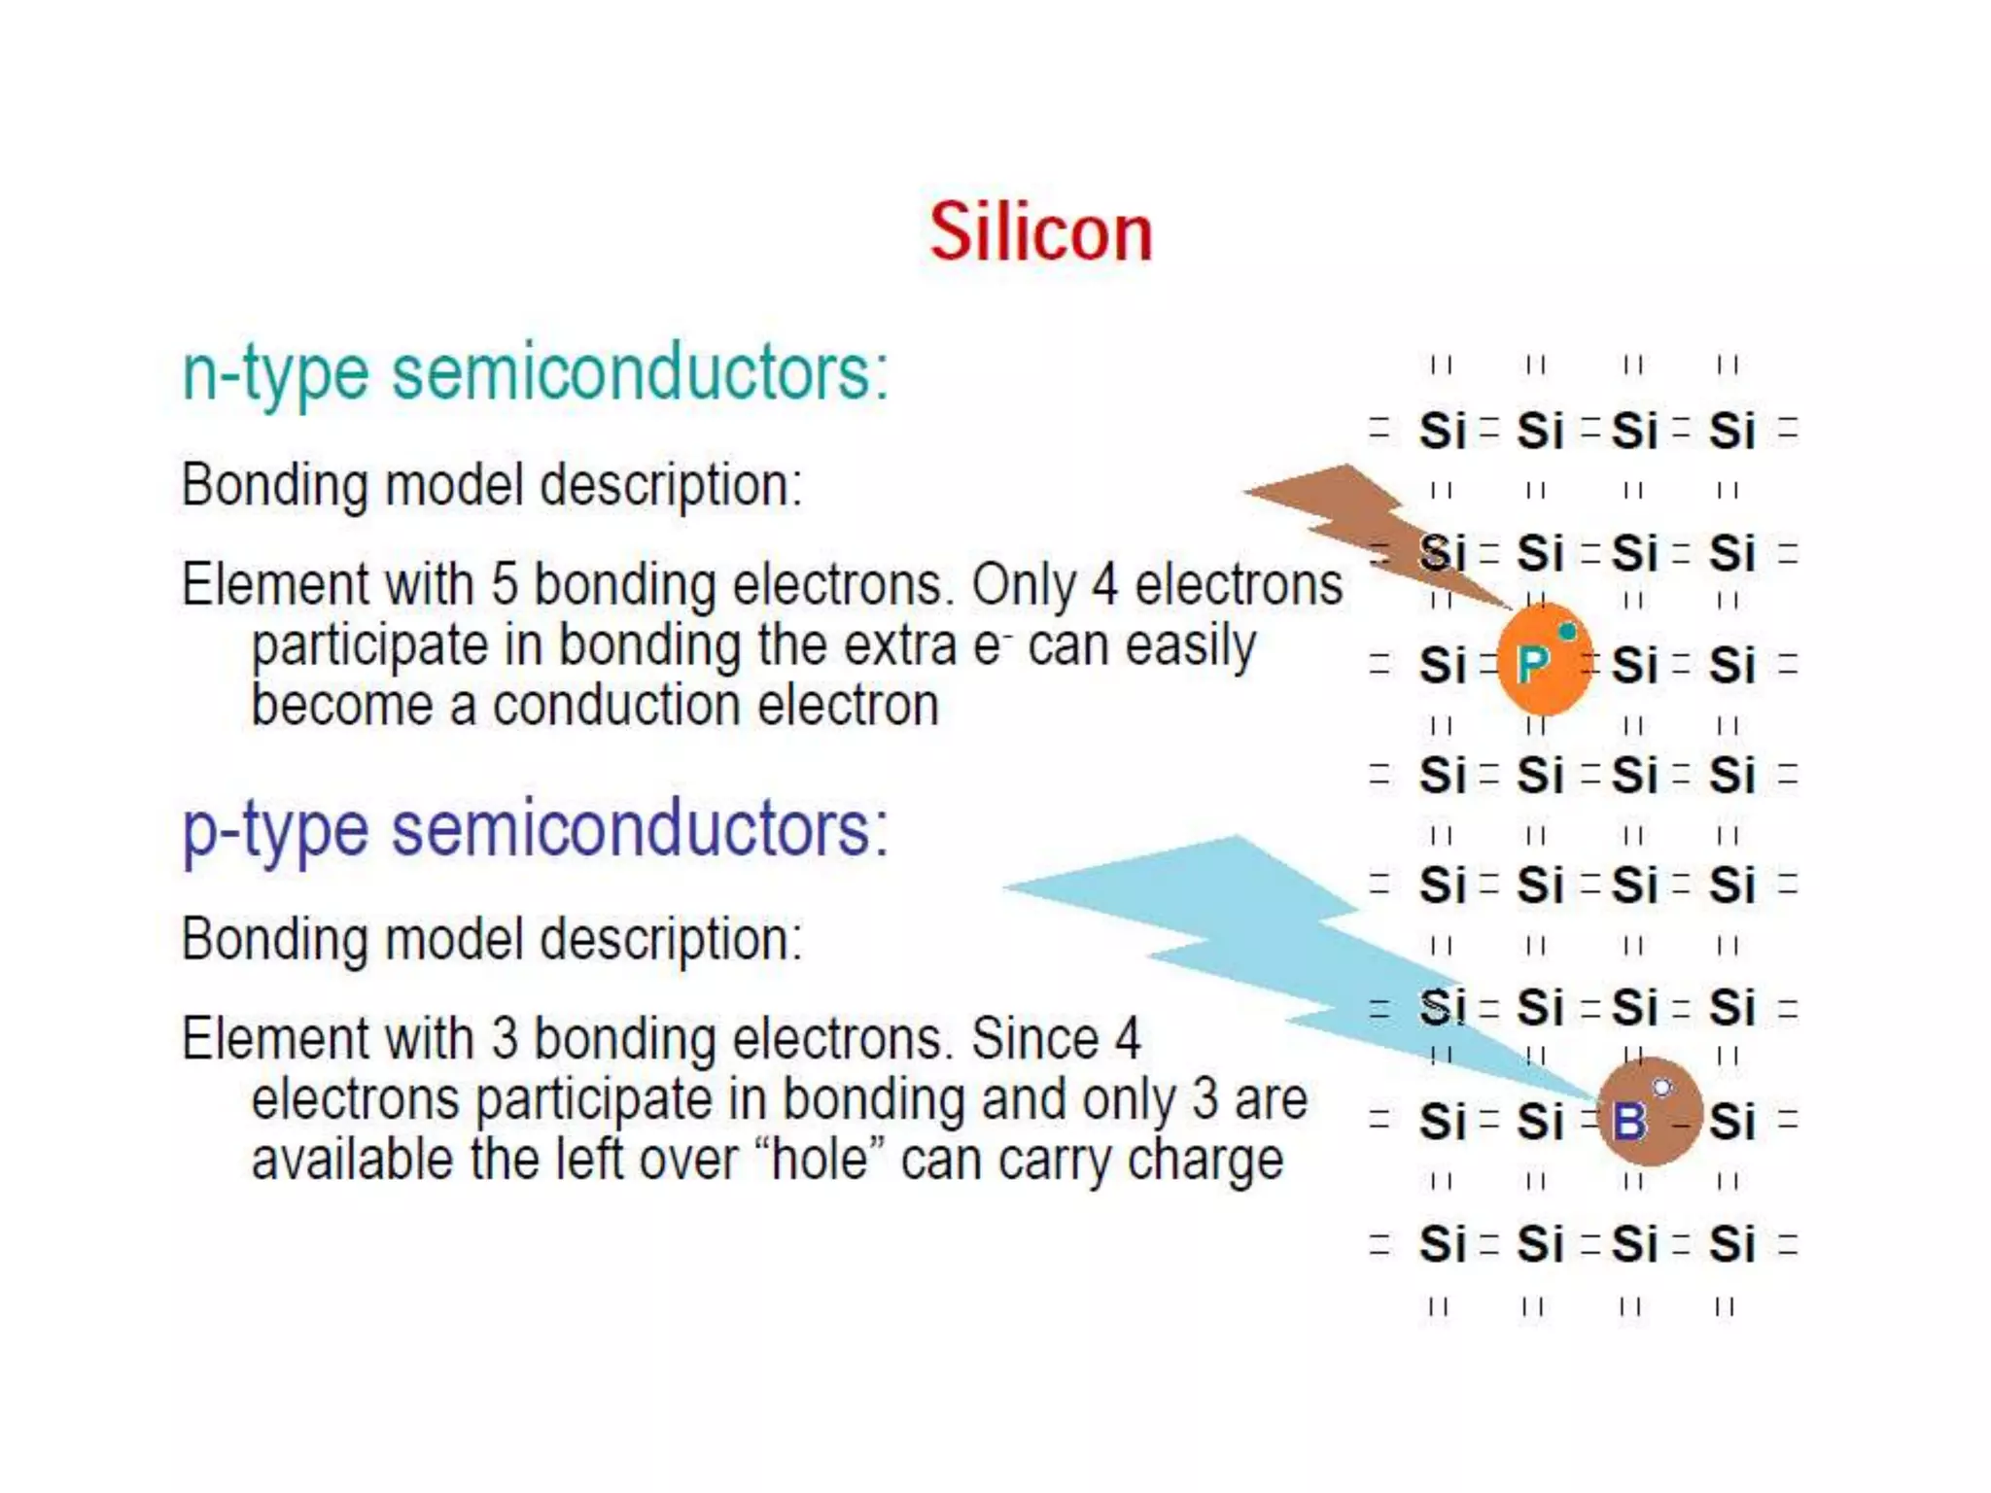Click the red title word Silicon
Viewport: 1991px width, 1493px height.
1040,233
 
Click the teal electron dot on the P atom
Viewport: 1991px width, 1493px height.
1567,632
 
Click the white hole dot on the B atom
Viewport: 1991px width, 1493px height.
1662,1087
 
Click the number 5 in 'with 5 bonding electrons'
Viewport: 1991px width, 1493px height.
505,585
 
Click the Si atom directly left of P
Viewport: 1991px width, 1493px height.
1442,667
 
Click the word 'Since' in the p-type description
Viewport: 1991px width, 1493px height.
1034,1039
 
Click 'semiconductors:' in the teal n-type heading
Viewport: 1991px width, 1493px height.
640,374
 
